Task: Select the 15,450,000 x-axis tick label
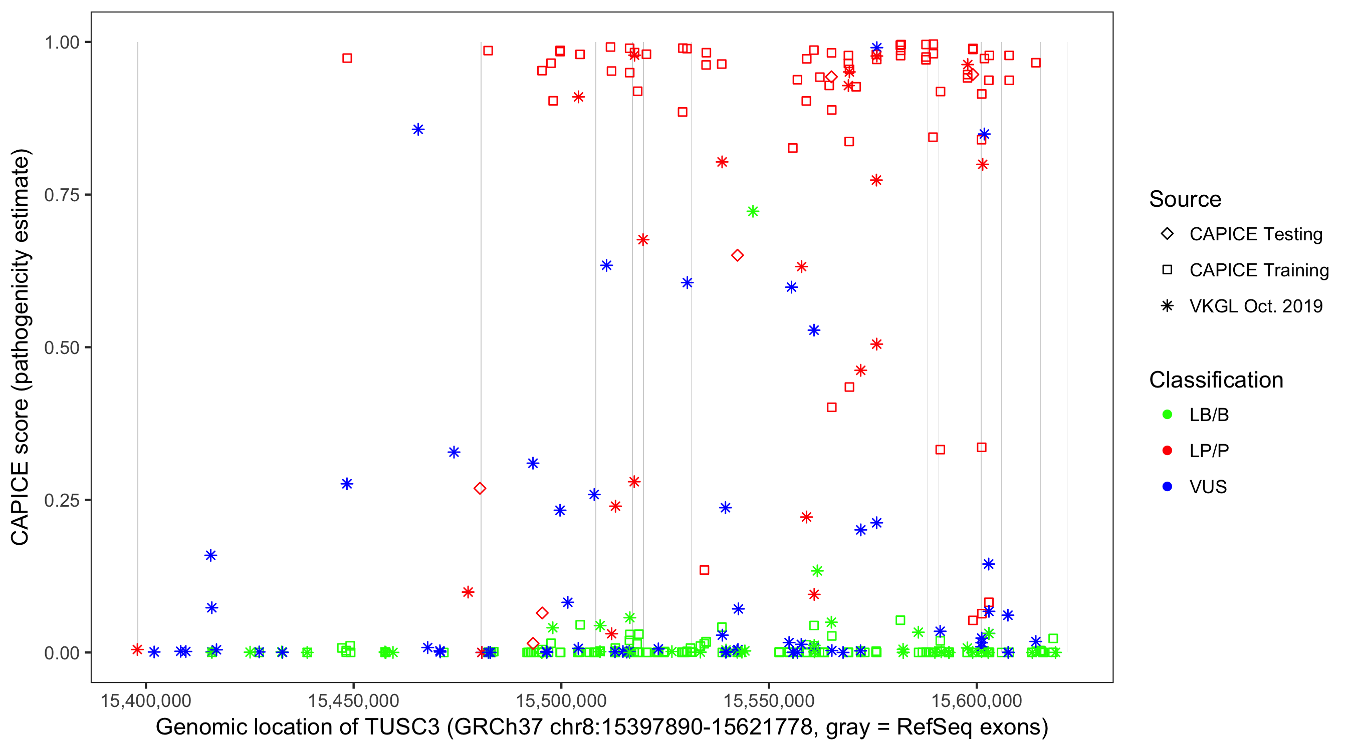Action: pos(353,700)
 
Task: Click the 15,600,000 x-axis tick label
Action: pos(976,700)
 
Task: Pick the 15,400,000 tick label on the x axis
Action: pos(145,700)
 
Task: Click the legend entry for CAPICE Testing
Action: pos(1255,234)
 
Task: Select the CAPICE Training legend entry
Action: pos(1258,270)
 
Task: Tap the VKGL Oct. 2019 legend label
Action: pos(1255,306)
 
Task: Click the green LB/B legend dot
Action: pos(1167,415)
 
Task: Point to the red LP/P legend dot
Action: pos(1167,451)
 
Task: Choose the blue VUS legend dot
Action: pos(1167,487)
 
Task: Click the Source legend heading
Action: pos(1185,199)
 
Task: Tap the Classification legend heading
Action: pos(1216,380)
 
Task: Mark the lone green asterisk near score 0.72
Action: pos(753,211)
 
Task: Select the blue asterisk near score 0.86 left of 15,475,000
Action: pos(418,130)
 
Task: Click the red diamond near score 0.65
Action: pos(738,255)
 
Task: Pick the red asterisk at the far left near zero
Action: pos(137,650)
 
